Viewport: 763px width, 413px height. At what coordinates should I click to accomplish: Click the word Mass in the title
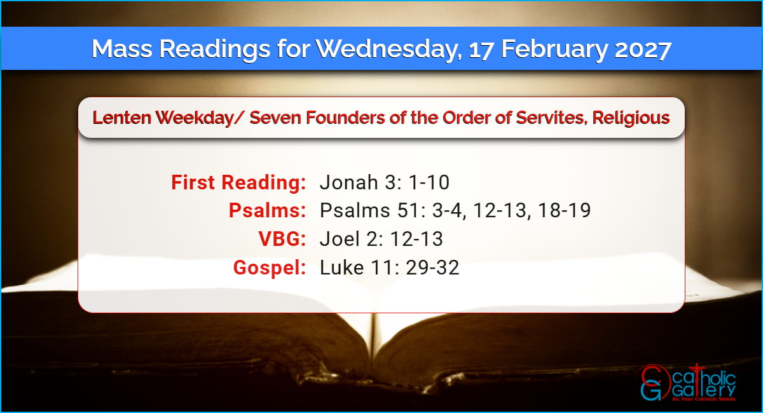click(122, 49)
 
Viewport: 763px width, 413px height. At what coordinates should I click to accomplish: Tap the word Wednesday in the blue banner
click(388, 49)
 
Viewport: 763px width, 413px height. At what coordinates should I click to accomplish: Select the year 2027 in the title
click(643, 50)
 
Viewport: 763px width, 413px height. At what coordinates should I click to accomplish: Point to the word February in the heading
click(554, 50)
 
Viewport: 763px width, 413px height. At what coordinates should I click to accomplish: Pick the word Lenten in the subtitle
click(122, 118)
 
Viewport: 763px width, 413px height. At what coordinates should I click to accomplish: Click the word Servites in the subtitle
click(551, 118)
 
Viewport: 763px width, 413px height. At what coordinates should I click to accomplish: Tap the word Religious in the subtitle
click(631, 118)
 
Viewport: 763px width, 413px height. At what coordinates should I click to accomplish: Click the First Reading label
click(238, 182)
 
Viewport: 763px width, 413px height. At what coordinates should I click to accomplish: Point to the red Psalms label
click(268, 210)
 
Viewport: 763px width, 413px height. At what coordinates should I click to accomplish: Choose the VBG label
click(282, 239)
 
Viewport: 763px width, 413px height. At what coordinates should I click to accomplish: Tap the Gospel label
click(270, 268)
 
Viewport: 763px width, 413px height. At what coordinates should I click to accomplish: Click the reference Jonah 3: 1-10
click(385, 182)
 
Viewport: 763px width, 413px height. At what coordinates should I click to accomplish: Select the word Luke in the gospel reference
click(341, 267)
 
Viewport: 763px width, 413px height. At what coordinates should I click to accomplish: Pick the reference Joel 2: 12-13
click(381, 239)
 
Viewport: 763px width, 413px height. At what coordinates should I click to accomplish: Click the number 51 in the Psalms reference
click(409, 210)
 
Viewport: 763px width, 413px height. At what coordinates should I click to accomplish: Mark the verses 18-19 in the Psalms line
click(565, 210)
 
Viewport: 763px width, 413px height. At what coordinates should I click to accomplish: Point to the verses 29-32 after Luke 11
click(432, 267)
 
